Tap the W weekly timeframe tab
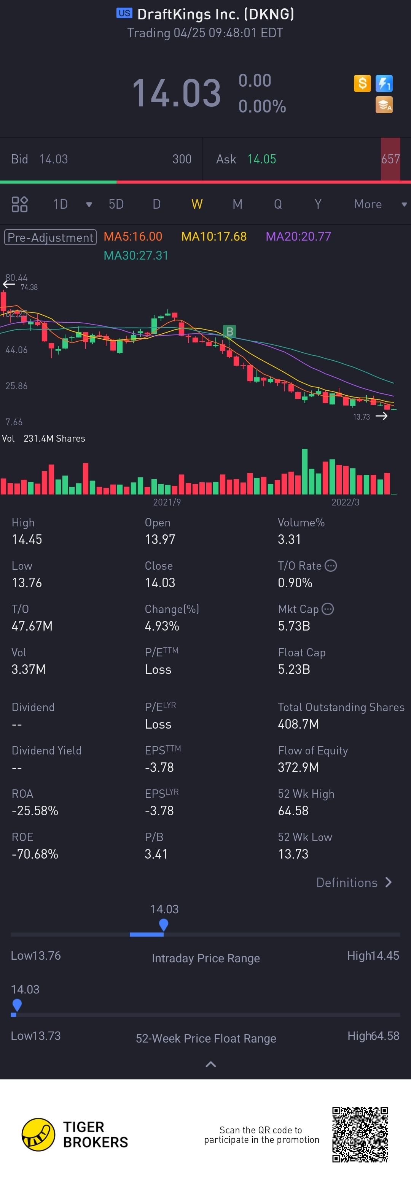click(197, 204)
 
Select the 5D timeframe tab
click(116, 204)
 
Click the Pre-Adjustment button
click(50, 237)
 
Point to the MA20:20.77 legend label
click(298, 236)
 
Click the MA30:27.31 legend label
click(136, 255)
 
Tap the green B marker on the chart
click(229, 331)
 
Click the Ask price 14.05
click(262, 159)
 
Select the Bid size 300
click(182, 159)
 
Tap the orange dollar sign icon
click(362, 83)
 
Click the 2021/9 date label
click(167, 502)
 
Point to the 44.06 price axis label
click(16, 350)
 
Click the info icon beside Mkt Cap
click(328, 609)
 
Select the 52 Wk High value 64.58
click(293, 811)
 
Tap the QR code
click(360, 1134)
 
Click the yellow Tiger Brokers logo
click(38, 1135)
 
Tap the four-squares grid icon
click(19, 204)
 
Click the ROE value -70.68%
click(35, 854)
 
